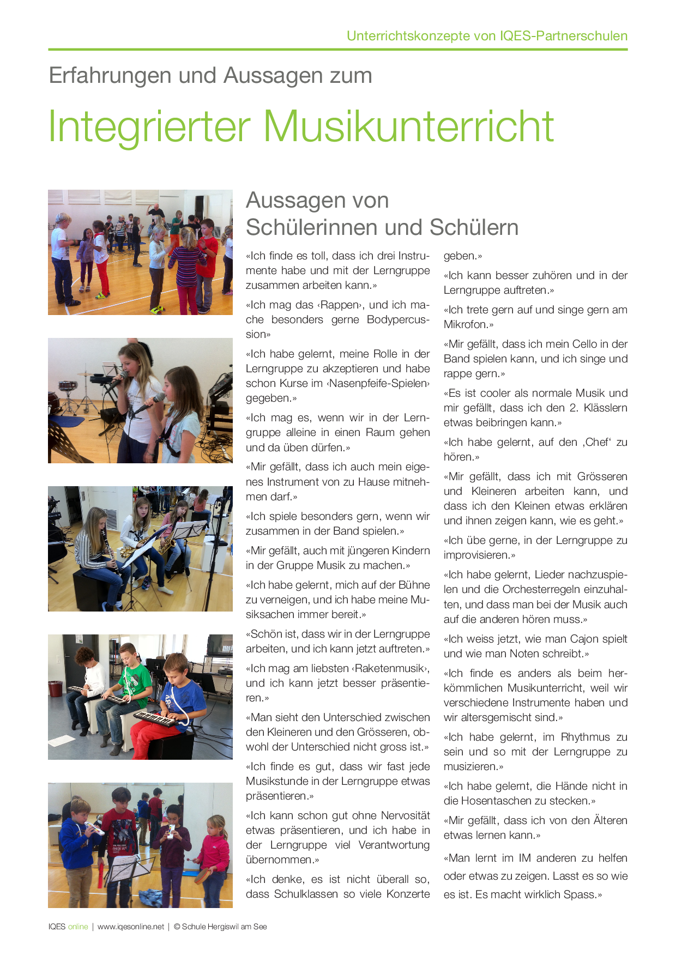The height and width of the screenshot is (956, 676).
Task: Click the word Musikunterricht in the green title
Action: tap(409, 126)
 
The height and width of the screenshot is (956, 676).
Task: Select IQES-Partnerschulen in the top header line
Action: tap(564, 36)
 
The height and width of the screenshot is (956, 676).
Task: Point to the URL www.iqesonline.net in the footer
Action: tap(131, 927)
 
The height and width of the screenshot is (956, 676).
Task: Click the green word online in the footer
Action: tap(78, 927)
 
